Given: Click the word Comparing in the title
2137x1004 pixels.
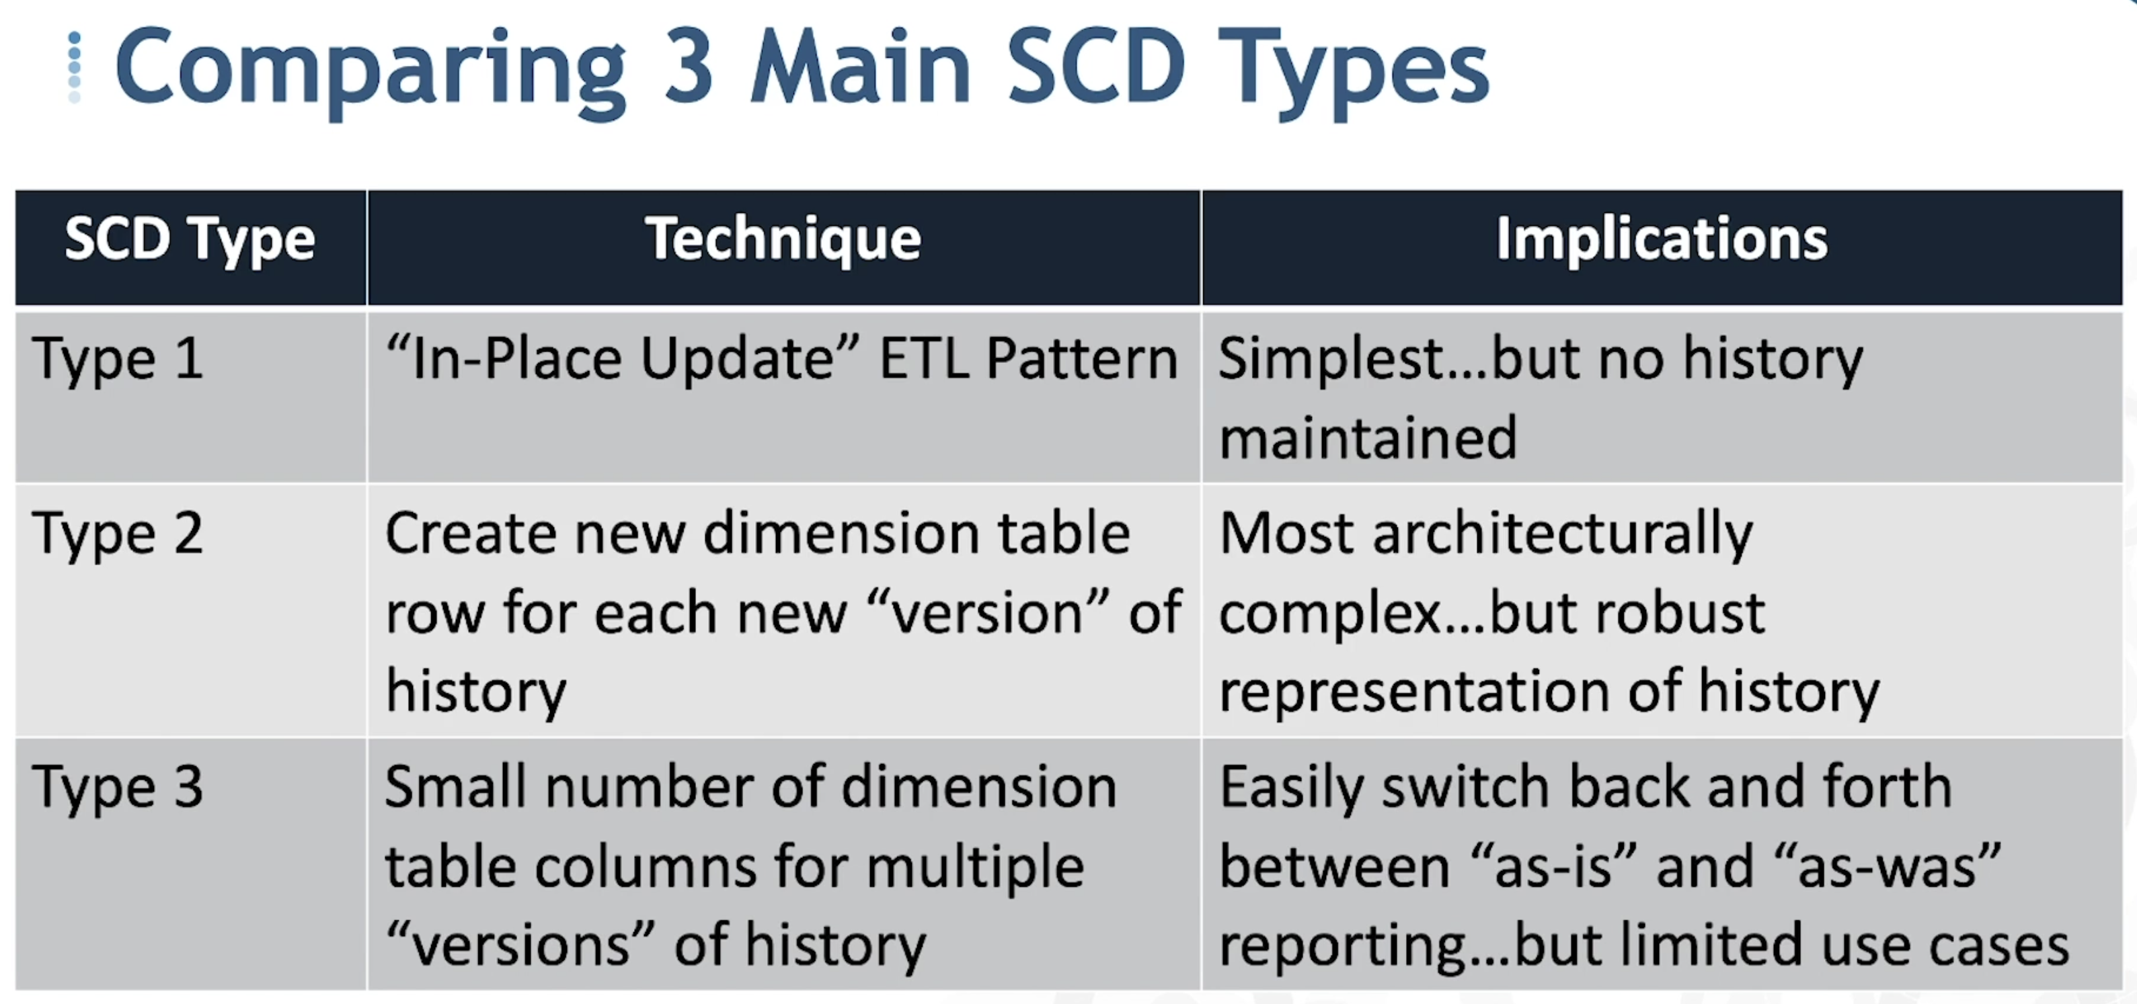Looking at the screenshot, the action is coord(371,71).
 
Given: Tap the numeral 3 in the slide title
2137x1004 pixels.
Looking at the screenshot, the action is coord(689,67).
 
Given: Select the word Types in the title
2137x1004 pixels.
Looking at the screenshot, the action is coord(1354,73).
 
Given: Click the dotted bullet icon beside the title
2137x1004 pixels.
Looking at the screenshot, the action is coord(74,67).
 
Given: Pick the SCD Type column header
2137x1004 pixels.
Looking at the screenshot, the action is coord(190,241).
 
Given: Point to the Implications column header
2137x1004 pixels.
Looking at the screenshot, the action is coord(1662,241).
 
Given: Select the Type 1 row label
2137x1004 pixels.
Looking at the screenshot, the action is coord(118,359).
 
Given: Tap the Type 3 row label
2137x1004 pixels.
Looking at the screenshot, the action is coord(118,787).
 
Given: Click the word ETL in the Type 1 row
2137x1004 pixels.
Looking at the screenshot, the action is coord(924,359).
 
